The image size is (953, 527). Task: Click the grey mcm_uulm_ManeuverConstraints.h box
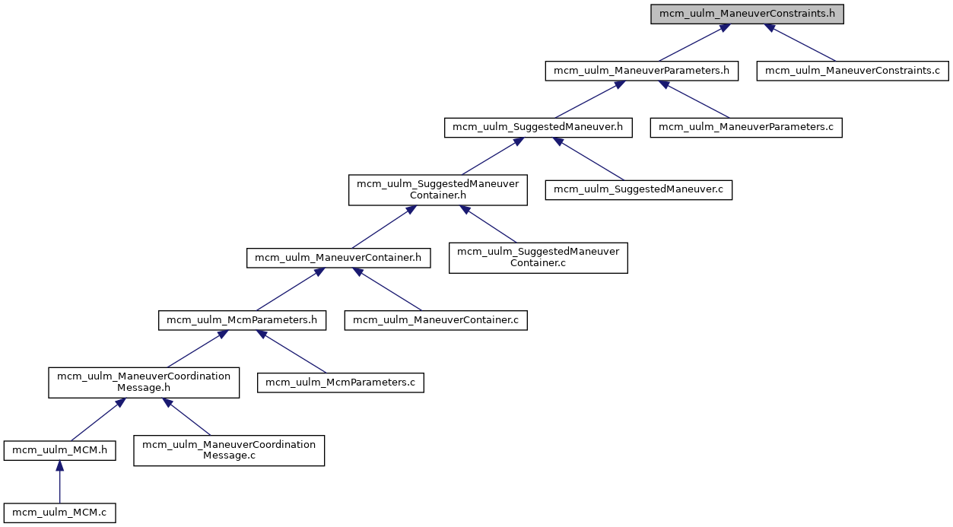tap(747, 14)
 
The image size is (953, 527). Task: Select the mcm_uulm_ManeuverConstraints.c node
tap(852, 71)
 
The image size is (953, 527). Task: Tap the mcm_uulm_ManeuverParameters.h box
tap(641, 71)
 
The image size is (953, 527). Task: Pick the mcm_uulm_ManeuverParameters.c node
tap(746, 128)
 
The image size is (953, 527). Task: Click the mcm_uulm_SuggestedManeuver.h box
tap(538, 128)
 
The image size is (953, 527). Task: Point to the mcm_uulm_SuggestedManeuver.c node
tap(639, 190)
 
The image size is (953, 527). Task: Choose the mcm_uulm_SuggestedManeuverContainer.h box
tap(438, 190)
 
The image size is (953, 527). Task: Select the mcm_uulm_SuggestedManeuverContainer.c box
tap(538, 258)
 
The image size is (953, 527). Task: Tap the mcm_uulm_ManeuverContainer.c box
tap(436, 320)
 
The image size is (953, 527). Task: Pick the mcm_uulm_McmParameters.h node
tap(242, 320)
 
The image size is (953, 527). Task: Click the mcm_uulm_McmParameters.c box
tap(341, 383)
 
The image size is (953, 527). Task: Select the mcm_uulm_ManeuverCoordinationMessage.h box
tap(144, 383)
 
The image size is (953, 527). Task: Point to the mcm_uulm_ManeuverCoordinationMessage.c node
tap(229, 450)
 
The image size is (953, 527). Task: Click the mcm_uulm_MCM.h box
tap(60, 450)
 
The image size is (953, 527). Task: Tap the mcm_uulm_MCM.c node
tap(60, 513)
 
